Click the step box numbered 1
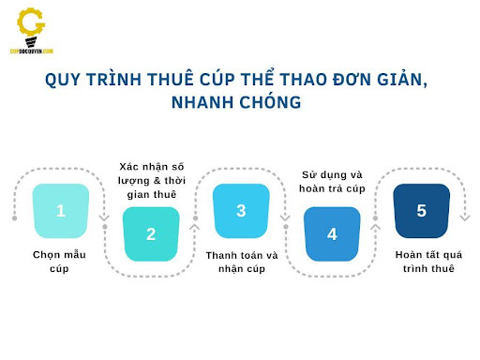point(61,211)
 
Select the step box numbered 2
point(151,233)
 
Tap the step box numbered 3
point(241,211)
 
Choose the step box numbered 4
point(332,233)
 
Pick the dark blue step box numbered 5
point(421,211)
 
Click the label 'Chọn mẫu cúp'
point(61,262)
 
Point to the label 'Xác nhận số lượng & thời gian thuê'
point(151,180)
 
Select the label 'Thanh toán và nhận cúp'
point(241,262)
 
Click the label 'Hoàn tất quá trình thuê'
point(421,262)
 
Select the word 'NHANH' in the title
point(204,102)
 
